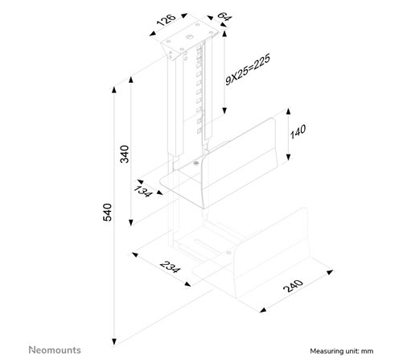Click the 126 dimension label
coord(167,20)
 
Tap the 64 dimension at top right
coord(224,16)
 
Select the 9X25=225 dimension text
coord(248,69)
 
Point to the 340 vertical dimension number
coord(125,154)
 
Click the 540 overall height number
coord(108,213)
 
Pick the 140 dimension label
coord(298,131)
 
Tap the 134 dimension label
coord(143,191)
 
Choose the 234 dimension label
coord(170,267)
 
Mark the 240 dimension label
coord(293,286)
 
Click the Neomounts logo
coord(55,350)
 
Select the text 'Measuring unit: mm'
coord(342,351)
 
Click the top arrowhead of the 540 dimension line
coord(114,89)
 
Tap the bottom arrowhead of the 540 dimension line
coord(114,341)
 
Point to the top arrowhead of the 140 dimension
coord(288,111)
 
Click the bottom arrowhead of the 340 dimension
coord(131,222)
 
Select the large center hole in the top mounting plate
coord(190,36)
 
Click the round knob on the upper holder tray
coord(195,163)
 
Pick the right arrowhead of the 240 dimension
coord(330,272)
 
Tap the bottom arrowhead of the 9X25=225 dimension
coord(224,110)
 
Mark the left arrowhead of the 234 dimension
coord(135,254)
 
